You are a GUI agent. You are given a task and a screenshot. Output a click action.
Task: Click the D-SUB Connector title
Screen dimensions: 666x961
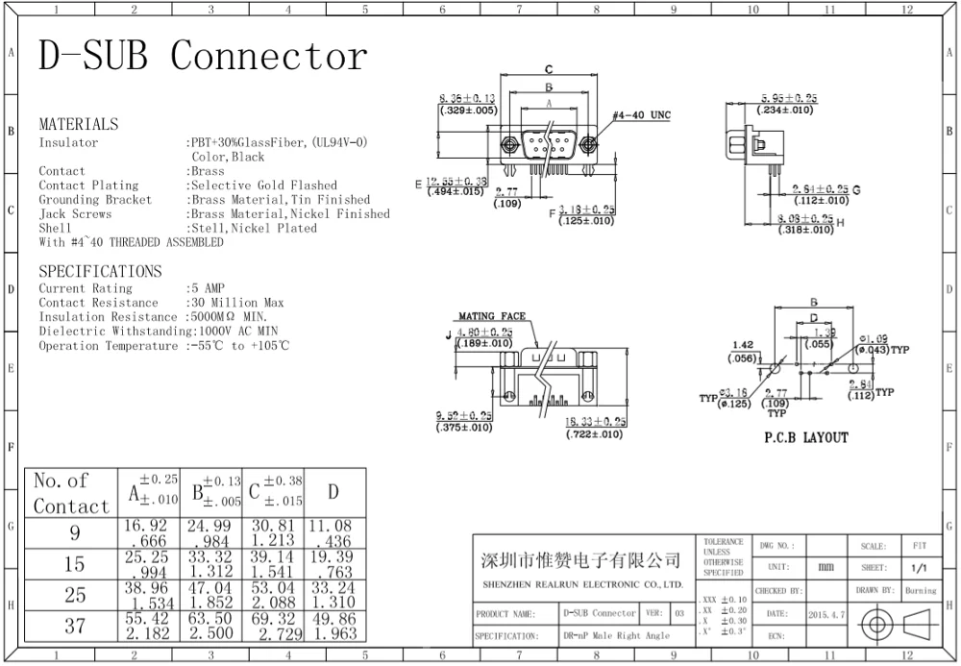click(203, 57)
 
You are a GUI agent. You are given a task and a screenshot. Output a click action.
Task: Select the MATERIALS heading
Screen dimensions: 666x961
click(79, 125)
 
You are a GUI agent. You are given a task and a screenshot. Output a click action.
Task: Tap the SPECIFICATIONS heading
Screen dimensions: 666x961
click(100, 272)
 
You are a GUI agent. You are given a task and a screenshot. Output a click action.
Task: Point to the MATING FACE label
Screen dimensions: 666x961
click(491, 315)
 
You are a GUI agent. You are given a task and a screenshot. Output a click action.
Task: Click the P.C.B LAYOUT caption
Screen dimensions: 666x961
click(806, 438)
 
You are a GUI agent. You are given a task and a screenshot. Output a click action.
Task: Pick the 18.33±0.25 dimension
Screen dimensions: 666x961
click(596, 422)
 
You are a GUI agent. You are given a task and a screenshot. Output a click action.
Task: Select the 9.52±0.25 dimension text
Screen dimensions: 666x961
click(464, 416)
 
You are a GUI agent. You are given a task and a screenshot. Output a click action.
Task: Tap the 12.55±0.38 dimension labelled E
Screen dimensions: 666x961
click(468, 181)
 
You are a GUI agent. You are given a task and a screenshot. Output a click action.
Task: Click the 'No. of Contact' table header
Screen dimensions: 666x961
click(71, 493)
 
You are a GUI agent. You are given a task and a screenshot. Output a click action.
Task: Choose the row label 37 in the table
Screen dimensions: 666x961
click(75, 627)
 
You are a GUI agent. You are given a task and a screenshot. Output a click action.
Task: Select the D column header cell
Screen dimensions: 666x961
click(333, 492)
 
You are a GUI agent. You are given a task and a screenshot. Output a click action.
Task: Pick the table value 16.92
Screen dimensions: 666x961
click(146, 526)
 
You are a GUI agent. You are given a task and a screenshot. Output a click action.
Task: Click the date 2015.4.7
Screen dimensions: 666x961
click(828, 613)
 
